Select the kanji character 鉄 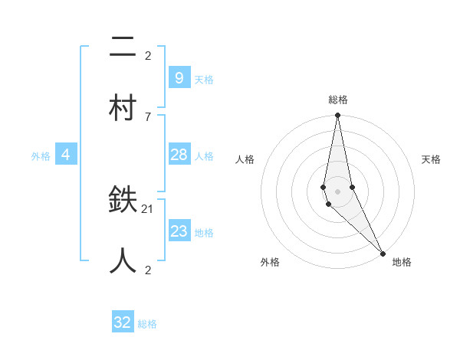click(x=123, y=201)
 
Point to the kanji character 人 click(x=123, y=261)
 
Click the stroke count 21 click(x=148, y=208)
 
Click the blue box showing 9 click(x=179, y=77)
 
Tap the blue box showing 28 click(x=179, y=155)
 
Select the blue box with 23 click(x=179, y=231)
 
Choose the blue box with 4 click(x=66, y=155)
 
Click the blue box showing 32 click(x=123, y=322)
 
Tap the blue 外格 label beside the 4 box click(x=41, y=155)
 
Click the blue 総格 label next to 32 click(x=147, y=324)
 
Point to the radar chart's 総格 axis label click(x=338, y=100)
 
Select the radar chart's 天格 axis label click(x=431, y=159)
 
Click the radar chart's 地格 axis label click(x=402, y=262)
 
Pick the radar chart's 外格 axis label click(x=270, y=262)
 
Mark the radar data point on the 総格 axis click(x=337, y=116)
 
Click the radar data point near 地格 click(x=383, y=253)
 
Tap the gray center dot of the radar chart click(x=337, y=191)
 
